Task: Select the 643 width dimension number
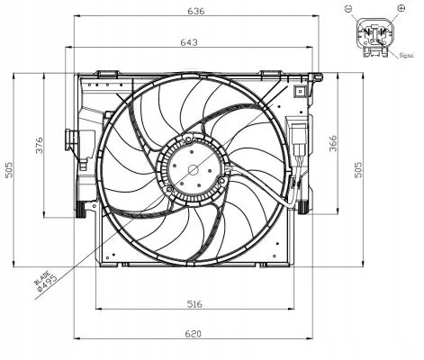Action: tap(190, 42)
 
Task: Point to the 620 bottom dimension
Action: tap(193, 335)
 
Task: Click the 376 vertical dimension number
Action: tap(38, 148)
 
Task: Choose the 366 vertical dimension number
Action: tap(332, 145)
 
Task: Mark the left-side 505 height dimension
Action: tap(9, 171)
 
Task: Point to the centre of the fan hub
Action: tap(191, 167)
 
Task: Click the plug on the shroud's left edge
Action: tap(72, 141)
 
